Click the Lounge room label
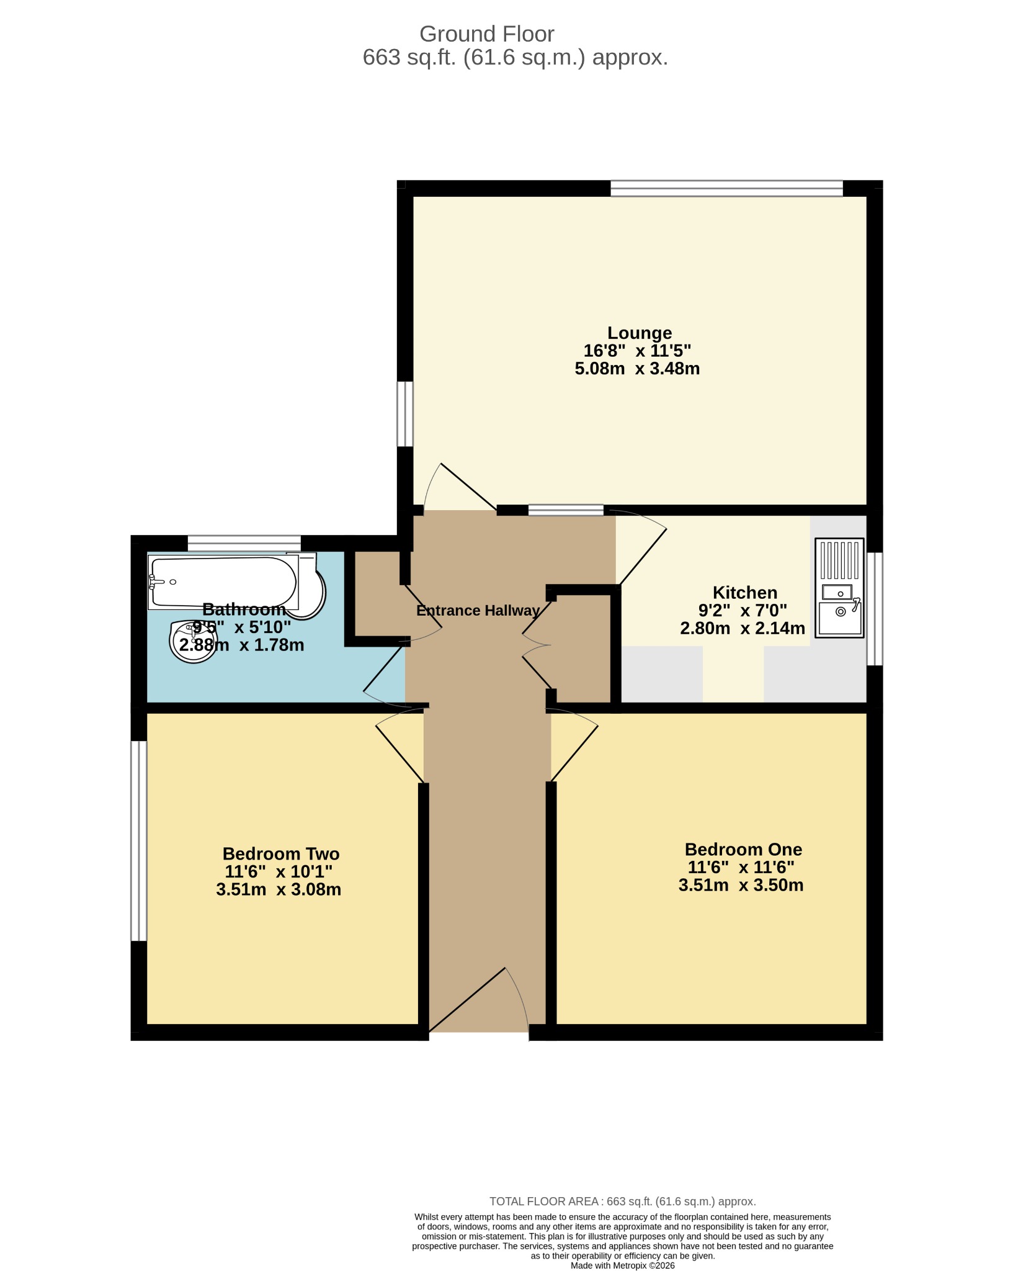(639, 333)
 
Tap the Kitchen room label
(744, 593)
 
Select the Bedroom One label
(743, 850)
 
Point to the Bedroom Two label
(281, 854)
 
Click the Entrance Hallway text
(478, 611)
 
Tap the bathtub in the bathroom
(223, 582)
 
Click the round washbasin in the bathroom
(193, 641)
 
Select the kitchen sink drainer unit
(839, 588)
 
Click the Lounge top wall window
(726, 188)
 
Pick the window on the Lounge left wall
(405, 414)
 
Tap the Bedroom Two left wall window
(139, 841)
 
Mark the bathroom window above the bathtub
(244, 543)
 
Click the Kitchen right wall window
(875, 609)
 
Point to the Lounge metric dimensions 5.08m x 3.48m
(637, 369)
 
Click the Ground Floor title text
(487, 34)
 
